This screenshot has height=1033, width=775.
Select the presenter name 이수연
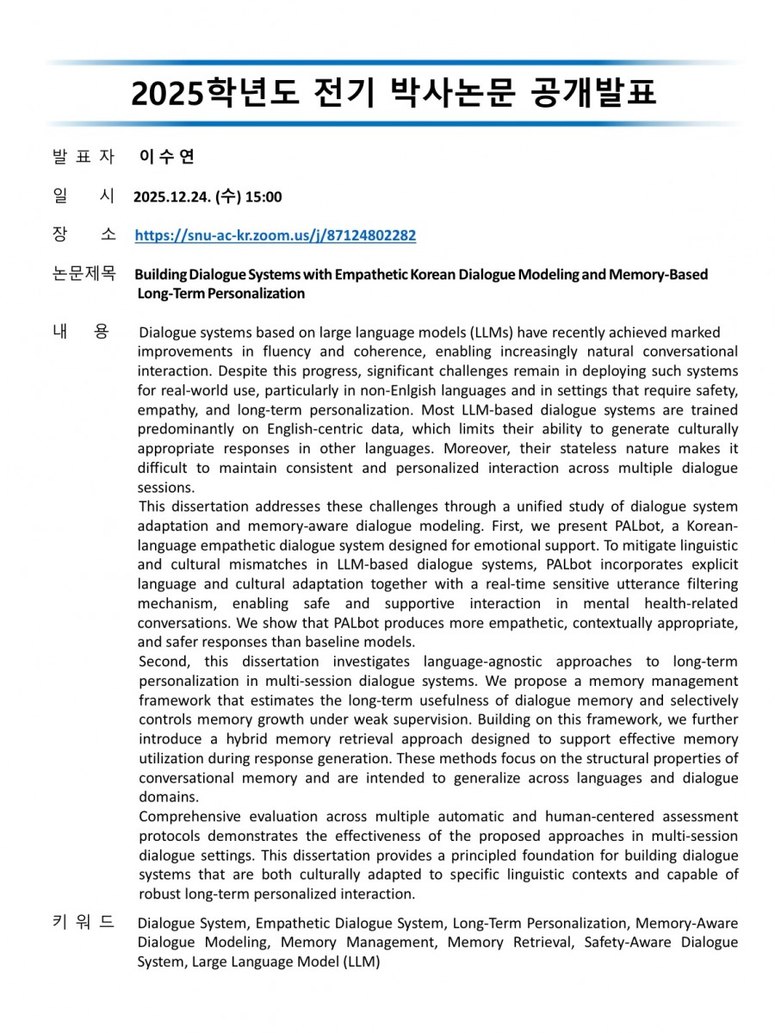[166, 156]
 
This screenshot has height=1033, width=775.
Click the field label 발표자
[83, 156]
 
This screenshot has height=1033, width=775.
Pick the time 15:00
[263, 196]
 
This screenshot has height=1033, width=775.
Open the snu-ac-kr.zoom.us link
[276, 235]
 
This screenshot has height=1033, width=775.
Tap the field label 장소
[83, 234]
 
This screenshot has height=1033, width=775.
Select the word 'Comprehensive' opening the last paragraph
[189, 815]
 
